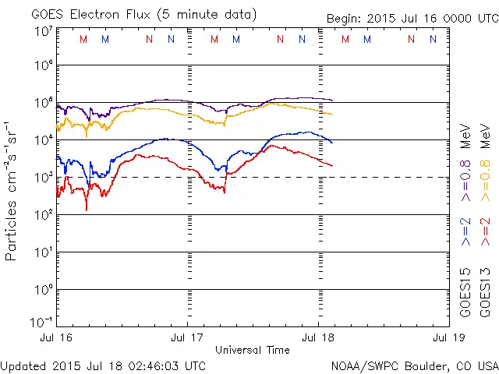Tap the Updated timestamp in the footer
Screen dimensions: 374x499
point(103,365)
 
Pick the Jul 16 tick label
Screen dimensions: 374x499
point(56,338)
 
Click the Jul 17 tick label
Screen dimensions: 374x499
point(187,338)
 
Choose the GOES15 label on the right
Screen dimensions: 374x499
point(465,294)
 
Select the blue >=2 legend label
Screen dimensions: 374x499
point(465,231)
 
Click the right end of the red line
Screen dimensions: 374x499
point(333,165)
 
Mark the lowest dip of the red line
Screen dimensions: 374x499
point(87,209)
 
